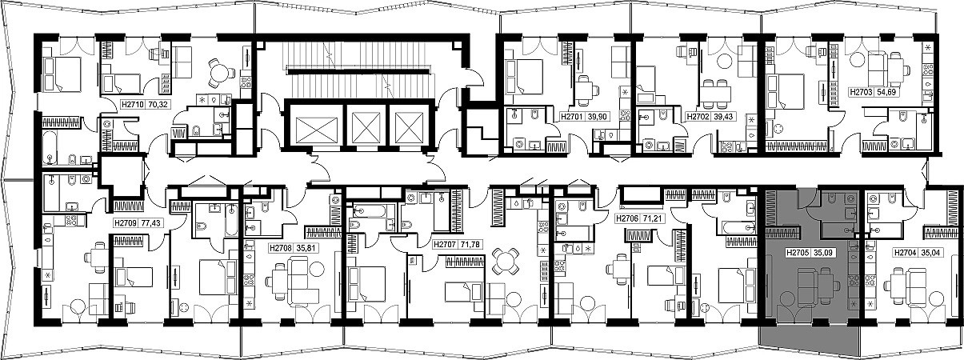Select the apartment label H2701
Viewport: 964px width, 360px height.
pos(571,117)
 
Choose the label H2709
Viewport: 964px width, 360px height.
pos(126,223)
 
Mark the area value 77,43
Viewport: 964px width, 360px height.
pos(150,223)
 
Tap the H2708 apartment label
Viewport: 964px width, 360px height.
pos(281,248)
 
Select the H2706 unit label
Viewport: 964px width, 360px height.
pos(628,219)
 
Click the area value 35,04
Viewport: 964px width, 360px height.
pos(931,254)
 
